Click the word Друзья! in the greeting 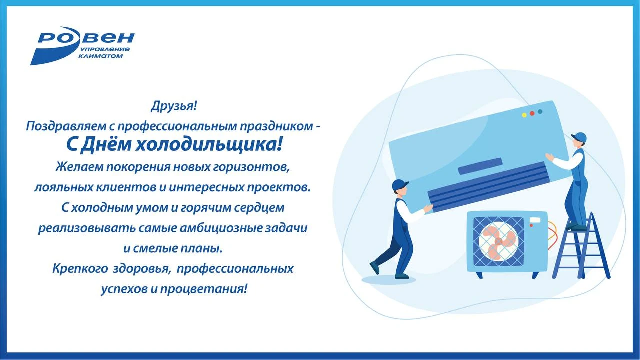(x=174, y=106)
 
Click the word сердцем (x=261, y=206)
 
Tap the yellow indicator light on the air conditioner (x=524, y=115)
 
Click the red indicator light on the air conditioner (x=532, y=113)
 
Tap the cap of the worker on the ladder (x=578, y=136)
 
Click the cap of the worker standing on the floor (x=400, y=184)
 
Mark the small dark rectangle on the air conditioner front (x=480, y=166)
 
